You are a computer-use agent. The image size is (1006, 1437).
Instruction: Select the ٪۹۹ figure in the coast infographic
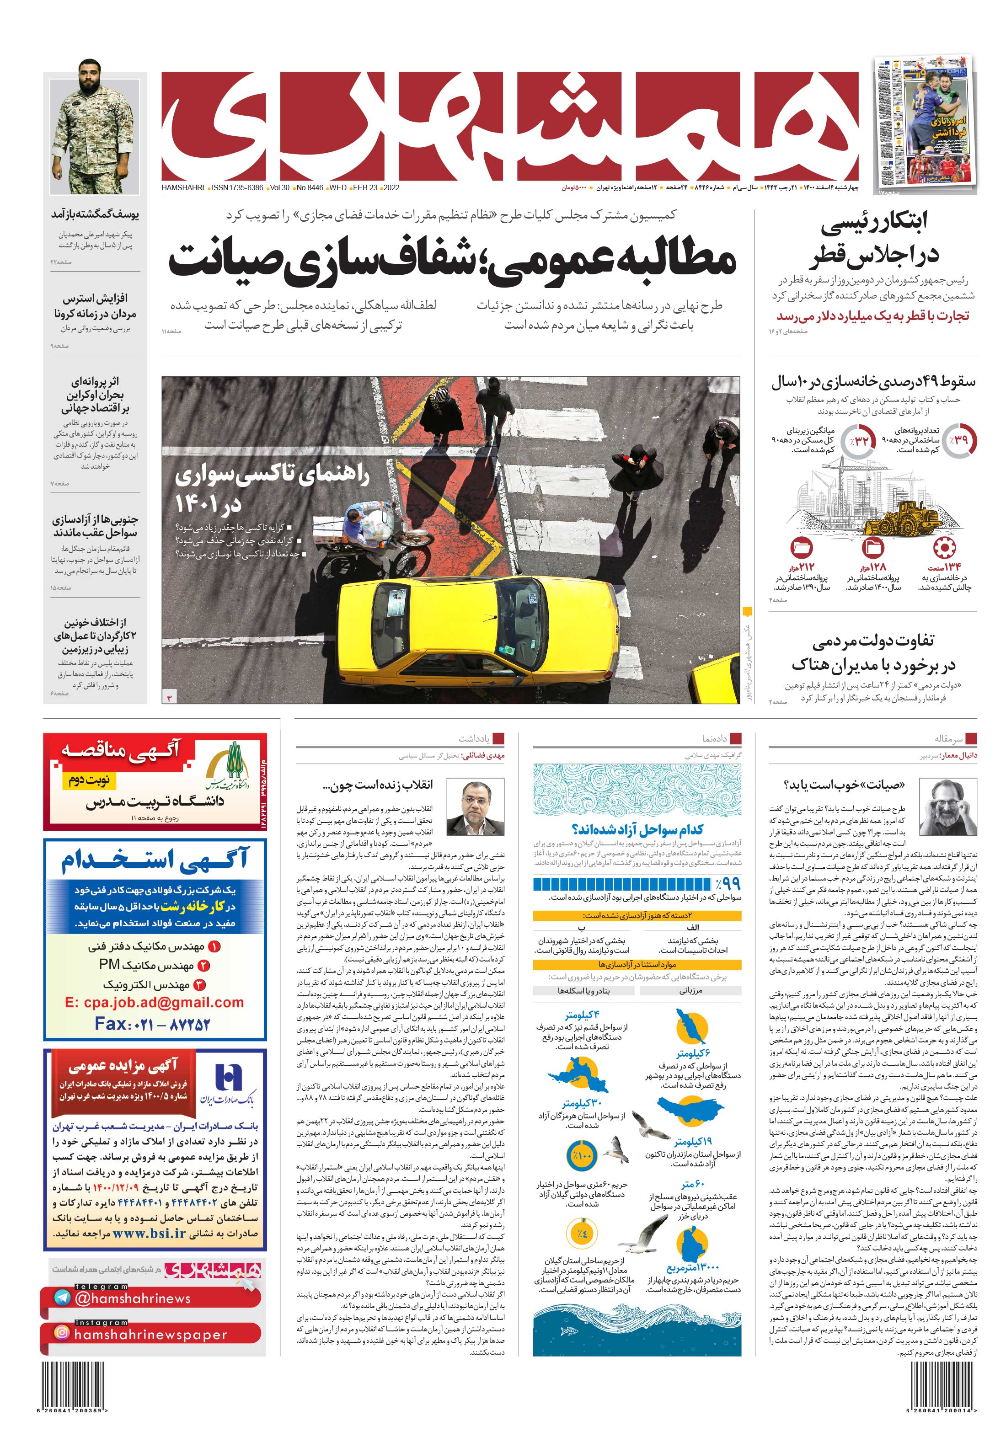[x=727, y=883]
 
